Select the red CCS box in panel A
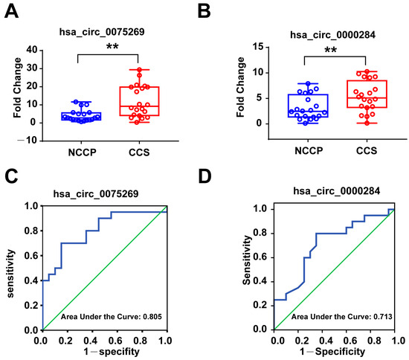[133, 100]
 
